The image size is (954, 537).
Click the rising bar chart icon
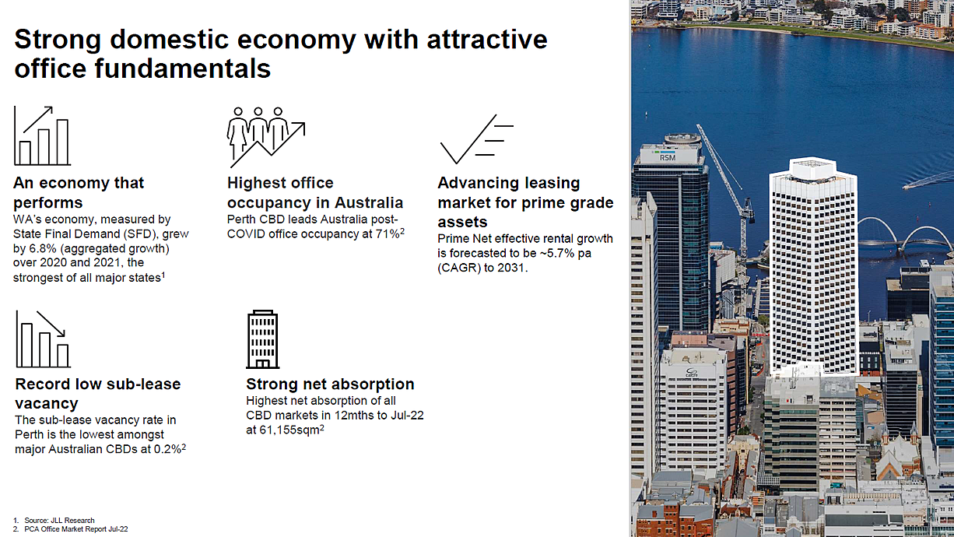pyautogui.click(x=42, y=135)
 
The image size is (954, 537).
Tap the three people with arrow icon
pyautogui.click(x=266, y=137)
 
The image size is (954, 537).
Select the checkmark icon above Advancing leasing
pyautogui.click(x=476, y=139)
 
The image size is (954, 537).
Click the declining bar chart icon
pyautogui.click(x=43, y=339)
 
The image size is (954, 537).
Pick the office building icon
pyautogui.click(x=263, y=339)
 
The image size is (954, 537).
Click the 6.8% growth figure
pyautogui.click(x=42, y=248)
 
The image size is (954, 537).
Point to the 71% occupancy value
pyautogui.click(x=388, y=233)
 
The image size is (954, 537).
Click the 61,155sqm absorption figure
pyautogui.click(x=289, y=430)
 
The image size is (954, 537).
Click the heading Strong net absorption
pyautogui.click(x=330, y=384)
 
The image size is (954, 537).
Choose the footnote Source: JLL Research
pyautogui.click(x=59, y=521)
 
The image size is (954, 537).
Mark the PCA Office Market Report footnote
pyautogui.click(x=75, y=529)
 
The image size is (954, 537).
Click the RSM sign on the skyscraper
pyautogui.click(x=668, y=157)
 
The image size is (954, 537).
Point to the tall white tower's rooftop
pyautogui.click(x=812, y=166)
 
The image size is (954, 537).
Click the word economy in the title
pyautogui.click(x=296, y=40)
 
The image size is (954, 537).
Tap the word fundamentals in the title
pyautogui.click(x=182, y=68)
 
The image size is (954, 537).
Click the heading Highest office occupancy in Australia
pyautogui.click(x=314, y=192)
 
